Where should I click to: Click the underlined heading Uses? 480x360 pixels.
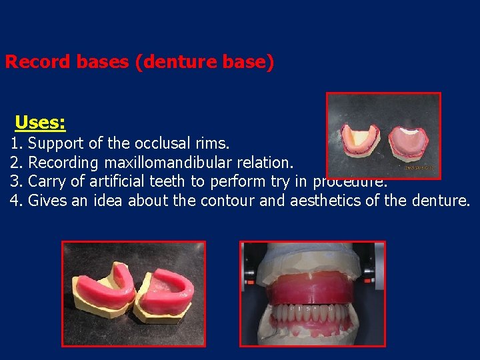point(40,123)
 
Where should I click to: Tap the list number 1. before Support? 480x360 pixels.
point(17,143)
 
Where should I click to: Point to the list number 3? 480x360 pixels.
point(17,181)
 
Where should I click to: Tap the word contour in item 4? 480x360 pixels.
point(226,201)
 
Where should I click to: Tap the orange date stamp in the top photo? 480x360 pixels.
point(420,167)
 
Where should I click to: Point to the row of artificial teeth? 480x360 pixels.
point(311,313)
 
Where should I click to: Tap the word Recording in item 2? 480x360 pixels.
point(64,163)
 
